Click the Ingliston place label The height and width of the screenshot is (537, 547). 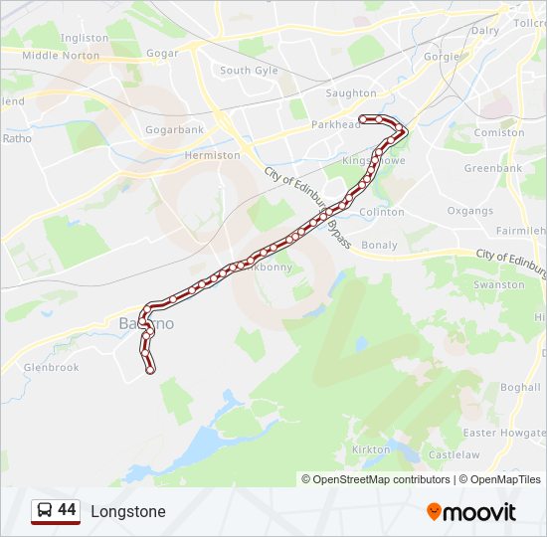click(84, 38)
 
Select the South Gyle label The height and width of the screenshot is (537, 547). click(249, 71)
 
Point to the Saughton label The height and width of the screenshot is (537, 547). click(351, 93)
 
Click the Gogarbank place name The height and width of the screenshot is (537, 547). click(174, 129)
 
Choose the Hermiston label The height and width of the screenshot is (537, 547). click(212, 155)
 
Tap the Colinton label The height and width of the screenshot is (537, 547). click(382, 212)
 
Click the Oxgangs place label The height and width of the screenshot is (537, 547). click(469, 211)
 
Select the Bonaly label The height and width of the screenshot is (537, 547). click(380, 245)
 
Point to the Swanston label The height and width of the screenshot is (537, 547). click(498, 284)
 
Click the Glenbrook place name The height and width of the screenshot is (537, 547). click(52, 367)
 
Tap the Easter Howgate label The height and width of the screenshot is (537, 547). click(504, 433)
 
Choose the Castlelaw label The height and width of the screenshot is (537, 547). click(454, 454)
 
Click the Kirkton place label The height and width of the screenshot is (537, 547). click(371, 449)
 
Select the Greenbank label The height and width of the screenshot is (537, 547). click(492, 168)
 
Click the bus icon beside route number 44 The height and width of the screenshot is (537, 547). click(43, 511)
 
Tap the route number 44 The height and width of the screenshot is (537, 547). click(67, 510)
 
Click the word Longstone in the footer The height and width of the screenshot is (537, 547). click(128, 512)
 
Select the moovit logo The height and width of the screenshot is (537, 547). click(471, 512)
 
